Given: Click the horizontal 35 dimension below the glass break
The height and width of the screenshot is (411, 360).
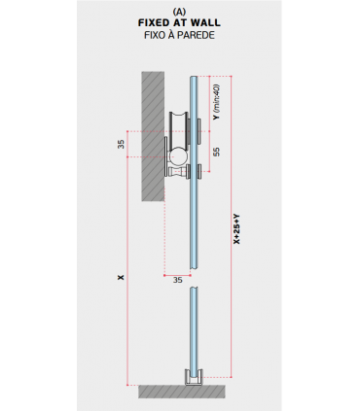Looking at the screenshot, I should [x=177, y=280].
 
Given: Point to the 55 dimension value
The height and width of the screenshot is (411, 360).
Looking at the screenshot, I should [x=216, y=152].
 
